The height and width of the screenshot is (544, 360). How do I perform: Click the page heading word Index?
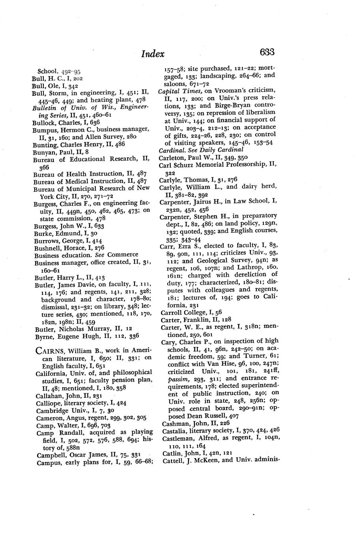pos(153,54)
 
